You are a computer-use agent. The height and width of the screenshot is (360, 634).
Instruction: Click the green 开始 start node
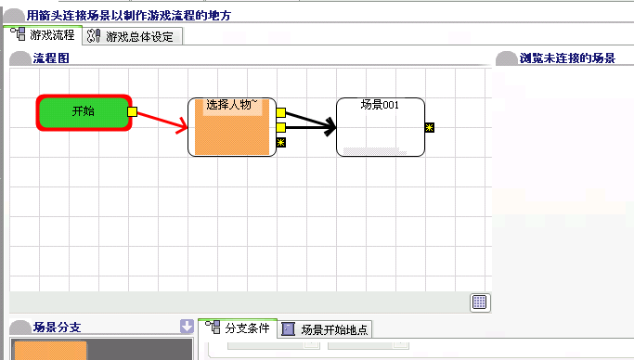[x=84, y=112]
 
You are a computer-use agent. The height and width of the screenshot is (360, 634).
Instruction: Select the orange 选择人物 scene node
[x=232, y=127]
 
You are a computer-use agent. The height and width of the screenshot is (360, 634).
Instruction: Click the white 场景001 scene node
[x=381, y=127]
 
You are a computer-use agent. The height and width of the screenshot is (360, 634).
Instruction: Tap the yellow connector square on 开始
[x=132, y=111]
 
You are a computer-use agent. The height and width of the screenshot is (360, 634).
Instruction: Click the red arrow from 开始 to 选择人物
[x=162, y=122]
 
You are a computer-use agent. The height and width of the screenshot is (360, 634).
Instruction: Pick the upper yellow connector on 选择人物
[x=281, y=112]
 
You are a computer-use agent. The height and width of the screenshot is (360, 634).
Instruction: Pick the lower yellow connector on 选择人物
[x=281, y=128]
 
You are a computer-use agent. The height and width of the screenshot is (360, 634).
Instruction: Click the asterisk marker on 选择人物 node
[x=281, y=142]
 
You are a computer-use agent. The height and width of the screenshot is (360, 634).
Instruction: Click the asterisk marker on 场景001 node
[x=430, y=128]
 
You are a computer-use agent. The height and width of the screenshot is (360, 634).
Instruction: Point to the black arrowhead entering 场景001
[x=330, y=127]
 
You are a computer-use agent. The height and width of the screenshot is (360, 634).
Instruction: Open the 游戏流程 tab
[x=43, y=34]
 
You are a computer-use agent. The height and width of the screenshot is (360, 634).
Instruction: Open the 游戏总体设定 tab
[x=133, y=36]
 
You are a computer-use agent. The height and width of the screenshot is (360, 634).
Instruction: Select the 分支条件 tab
[x=238, y=328]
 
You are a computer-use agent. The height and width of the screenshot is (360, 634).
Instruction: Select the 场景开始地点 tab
[x=325, y=329]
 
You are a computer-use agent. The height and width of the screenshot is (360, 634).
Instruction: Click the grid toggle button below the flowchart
[x=480, y=302]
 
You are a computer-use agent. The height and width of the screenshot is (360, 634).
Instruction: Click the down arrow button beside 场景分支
[x=187, y=326]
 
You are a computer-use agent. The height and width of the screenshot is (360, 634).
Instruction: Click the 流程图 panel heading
[x=51, y=58]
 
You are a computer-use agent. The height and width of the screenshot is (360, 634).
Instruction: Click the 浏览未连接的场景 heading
[x=567, y=58]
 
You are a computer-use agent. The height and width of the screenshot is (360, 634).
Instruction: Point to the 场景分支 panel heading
[x=57, y=327]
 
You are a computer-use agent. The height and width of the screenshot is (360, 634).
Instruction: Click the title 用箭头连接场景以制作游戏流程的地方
[x=129, y=16]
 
